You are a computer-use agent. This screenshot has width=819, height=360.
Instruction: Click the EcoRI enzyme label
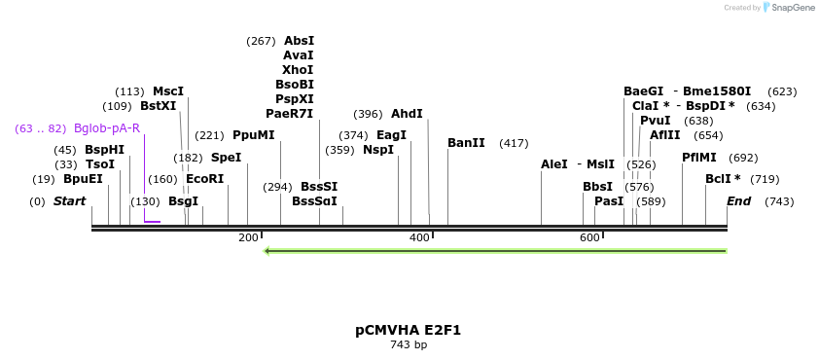tap(204, 179)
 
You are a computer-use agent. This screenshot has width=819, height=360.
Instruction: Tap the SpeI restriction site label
tap(226, 158)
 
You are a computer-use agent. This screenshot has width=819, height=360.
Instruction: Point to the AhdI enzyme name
tap(407, 114)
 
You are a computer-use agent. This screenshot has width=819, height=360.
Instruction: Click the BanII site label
tap(466, 143)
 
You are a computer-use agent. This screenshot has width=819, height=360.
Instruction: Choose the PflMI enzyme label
tap(699, 158)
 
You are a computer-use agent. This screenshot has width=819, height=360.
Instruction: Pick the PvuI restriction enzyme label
tap(655, 121)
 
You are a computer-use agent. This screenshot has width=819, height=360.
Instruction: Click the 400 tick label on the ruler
tap(419, 238)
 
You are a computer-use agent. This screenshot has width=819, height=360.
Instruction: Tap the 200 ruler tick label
tap(247, 238)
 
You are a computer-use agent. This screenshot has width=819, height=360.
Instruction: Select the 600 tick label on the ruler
tap(589, 238)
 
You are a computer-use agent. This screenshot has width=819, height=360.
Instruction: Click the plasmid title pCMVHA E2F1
tap(409, 330)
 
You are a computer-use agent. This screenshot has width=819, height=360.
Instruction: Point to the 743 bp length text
tap(409, 345)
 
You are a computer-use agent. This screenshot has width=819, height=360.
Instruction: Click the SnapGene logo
tap(788, 8)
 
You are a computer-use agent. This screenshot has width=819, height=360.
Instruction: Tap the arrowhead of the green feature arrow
tap(269, 251)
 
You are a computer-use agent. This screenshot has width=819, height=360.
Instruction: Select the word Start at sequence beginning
tap(69, 201)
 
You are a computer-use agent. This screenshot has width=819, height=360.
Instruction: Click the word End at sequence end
tap(738, 201)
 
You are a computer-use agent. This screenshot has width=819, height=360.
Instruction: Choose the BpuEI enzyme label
tap(83, 179)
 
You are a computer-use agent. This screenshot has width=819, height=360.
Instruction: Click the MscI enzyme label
tap(168, 91)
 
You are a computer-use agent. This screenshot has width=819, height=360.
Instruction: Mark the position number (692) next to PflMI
tap(743, 158)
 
